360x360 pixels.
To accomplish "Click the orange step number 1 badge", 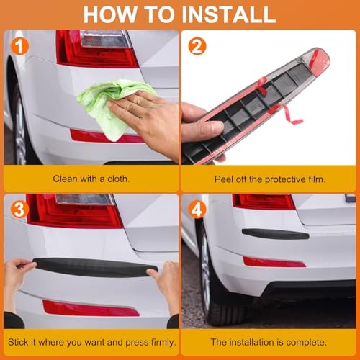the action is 19,47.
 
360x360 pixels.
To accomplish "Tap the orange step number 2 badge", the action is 197,46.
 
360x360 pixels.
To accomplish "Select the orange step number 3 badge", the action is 19,210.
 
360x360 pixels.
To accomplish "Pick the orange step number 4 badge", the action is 197,210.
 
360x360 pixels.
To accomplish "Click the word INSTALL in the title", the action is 228,14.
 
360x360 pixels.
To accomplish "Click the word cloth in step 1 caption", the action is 118,179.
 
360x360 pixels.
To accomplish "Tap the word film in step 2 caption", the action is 317,179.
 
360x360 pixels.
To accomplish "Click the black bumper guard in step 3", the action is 95,268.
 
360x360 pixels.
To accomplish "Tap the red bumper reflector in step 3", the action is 91,308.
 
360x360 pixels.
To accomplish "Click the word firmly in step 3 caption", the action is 163,342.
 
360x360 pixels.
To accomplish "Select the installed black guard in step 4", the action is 275,234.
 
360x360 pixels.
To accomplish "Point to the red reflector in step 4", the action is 274,262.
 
